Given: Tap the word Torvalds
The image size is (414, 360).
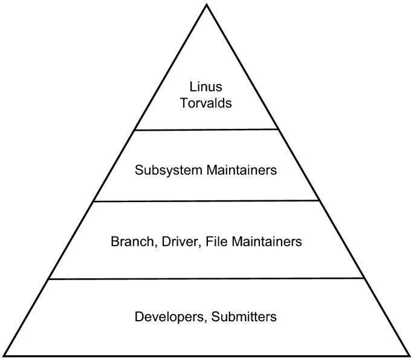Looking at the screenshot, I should point(206,103).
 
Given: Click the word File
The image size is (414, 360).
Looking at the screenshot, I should point(216,242).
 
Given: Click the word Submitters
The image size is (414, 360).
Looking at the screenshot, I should point(245,316).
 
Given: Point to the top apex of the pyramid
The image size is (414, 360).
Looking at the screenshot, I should point(207,5).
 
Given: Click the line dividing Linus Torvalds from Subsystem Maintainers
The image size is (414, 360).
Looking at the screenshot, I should point(207,129).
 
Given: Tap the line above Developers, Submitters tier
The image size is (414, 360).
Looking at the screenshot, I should point(207,279).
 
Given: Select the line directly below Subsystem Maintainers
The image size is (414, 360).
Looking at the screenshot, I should point(207,201).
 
